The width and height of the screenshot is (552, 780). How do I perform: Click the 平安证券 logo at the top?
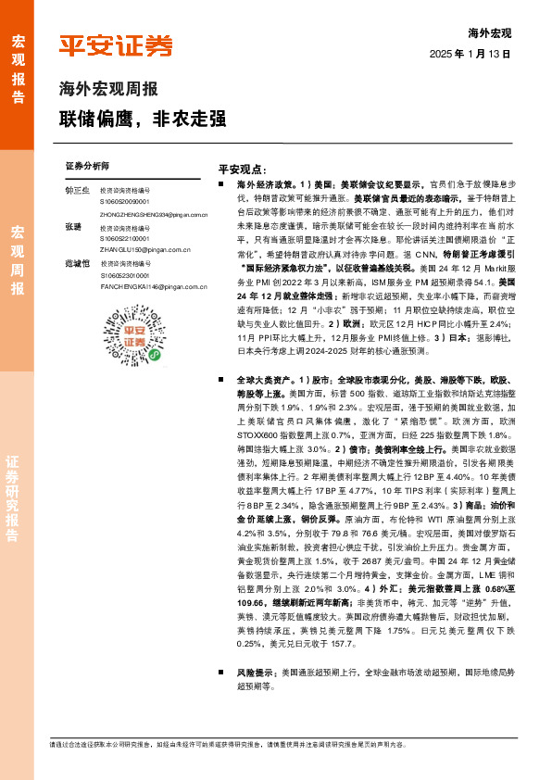[117, 46]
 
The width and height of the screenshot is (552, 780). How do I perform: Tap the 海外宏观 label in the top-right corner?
[489, 33]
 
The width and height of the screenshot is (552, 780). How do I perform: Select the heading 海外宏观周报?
[108, 90]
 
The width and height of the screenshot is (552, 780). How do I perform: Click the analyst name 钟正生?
[78, 190]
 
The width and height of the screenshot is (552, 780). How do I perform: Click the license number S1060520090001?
[126, 202]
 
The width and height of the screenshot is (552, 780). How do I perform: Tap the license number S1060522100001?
[126, 239]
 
